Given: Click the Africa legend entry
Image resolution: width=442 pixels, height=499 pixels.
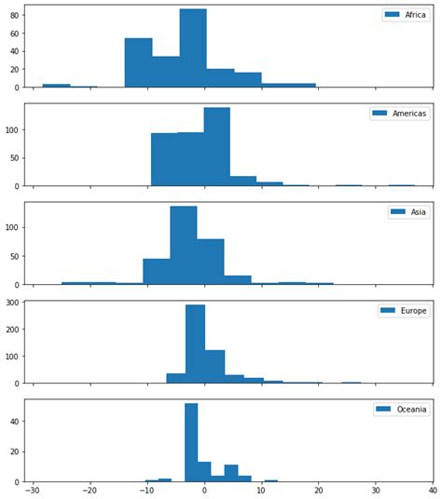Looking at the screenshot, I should pos(405,15).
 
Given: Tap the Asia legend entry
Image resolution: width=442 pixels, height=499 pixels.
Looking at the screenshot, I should pos(407,212).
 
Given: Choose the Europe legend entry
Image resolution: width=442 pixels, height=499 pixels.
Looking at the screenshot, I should pos(402,311).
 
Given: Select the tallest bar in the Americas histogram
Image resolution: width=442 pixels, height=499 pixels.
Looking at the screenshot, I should pos(216,147).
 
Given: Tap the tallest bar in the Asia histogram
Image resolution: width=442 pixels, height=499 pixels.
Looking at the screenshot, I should pos(183,245).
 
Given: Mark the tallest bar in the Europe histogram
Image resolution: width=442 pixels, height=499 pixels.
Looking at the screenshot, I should pos(195,344).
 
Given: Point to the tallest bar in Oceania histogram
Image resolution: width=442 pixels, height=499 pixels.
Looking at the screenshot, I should pos(191,442).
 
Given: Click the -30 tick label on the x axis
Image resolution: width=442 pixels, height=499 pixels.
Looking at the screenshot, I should pos(33,491).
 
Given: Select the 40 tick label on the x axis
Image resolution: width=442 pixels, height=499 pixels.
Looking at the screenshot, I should pos(433,491).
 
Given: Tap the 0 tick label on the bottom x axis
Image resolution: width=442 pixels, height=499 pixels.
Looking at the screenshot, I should pos(204,491).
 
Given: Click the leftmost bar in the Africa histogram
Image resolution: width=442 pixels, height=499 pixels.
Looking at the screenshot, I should pos(56,86).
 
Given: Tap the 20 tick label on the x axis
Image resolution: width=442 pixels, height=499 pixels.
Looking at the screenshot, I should pos(319,491).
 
